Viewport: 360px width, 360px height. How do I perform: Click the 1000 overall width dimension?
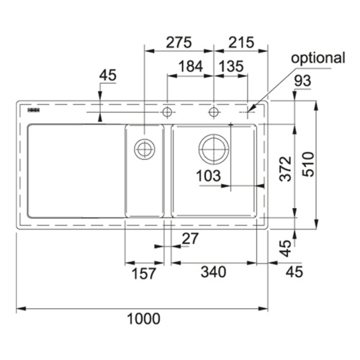[143, 319]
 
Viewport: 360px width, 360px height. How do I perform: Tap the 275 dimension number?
[179, 42]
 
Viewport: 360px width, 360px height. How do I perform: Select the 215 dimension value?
[241, 42]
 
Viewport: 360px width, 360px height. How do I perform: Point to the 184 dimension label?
[191, 66]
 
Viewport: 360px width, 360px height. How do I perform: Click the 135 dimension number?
[231, 66]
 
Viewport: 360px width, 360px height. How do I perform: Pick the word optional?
[318, 58]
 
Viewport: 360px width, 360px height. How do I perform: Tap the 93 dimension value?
[302, 81]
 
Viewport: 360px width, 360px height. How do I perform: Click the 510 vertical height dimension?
[308, 164]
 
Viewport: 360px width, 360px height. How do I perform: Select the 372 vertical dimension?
[286, 168]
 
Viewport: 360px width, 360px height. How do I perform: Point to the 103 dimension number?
[208, 176]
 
